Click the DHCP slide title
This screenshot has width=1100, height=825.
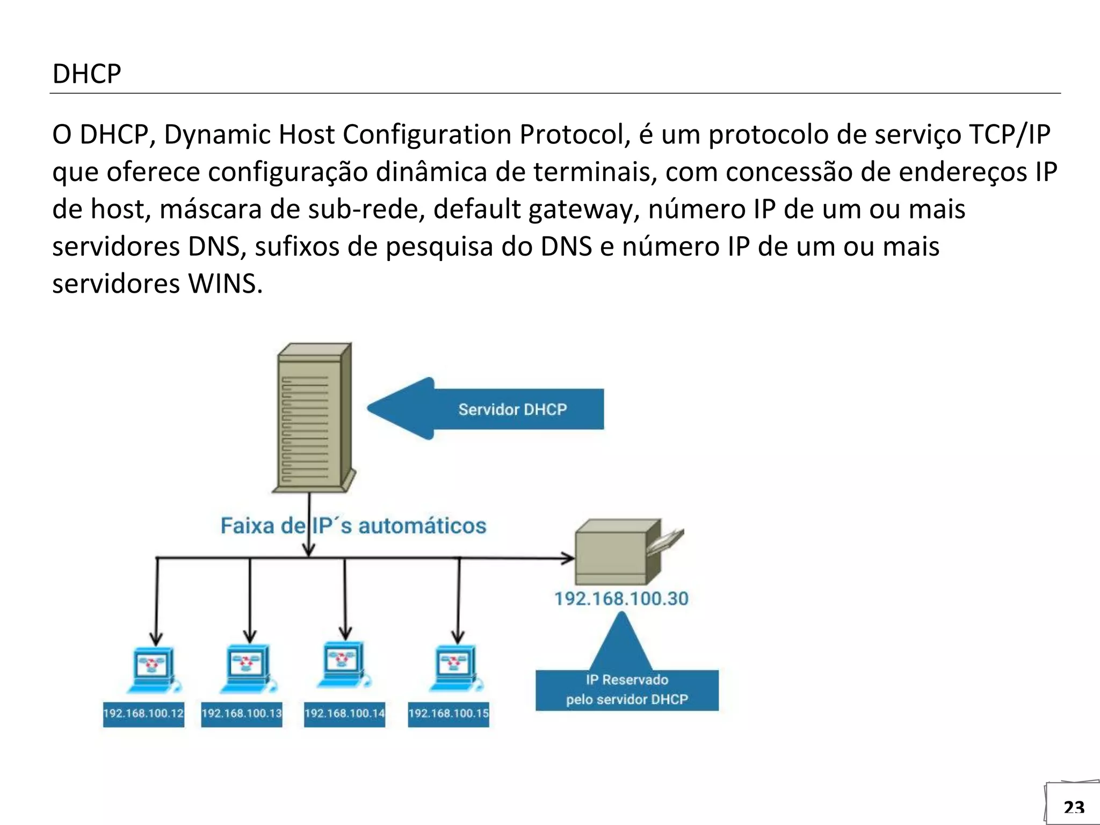pos(86,74)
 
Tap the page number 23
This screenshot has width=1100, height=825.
pos(1074,807)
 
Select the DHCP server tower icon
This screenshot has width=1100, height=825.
pos(313,418)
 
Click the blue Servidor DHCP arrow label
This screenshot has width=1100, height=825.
pos(512,409)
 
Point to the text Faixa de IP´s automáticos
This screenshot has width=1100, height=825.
pos(353,526)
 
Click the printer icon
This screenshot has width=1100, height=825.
pos(623,552)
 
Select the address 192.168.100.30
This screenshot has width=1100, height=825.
pos(621,599)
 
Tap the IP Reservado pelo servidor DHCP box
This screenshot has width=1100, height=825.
pos(627,690)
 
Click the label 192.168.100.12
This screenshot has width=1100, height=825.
pos(143,714)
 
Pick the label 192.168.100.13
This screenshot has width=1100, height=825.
pos(242,714)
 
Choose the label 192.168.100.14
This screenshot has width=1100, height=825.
pos(344,714)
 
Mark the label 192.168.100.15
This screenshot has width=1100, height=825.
pos(448,714)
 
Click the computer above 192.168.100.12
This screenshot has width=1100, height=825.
pos(153,670)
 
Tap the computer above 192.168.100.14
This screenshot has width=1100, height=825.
pos(344,665)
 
